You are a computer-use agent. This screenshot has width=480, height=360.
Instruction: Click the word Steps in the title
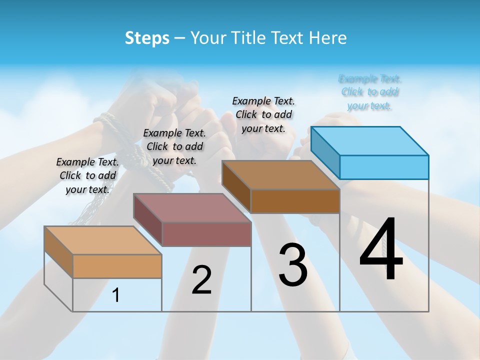[x=147, y=38]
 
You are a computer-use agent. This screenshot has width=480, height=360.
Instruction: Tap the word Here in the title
[x=328, y=38]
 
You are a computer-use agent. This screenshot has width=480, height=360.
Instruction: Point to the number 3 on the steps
[x=293, y=265]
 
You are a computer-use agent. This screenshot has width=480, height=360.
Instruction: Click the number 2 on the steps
[x=201, y=280]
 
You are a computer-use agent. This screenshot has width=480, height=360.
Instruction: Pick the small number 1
[x=116, y=295]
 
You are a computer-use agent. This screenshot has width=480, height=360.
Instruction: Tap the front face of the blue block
[x=384, y=167]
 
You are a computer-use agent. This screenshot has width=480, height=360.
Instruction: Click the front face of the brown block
[x=295, y=201]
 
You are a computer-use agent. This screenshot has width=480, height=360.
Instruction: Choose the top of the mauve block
[x=192, y=207]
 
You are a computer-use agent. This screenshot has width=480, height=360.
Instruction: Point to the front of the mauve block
[x=206, y=234]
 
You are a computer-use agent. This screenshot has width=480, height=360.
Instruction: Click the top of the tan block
[x=103, y=240]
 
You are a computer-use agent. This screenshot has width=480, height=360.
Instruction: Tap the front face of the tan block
[x=117, y=266]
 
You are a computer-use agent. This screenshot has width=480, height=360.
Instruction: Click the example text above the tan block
[x=87, y=175]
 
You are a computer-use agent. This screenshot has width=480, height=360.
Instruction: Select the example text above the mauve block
[x=174, y=146]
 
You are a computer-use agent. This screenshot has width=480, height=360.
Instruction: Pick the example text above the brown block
[x=263, y=114]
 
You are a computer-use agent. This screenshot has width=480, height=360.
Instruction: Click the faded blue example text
[x=370, y=92]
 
